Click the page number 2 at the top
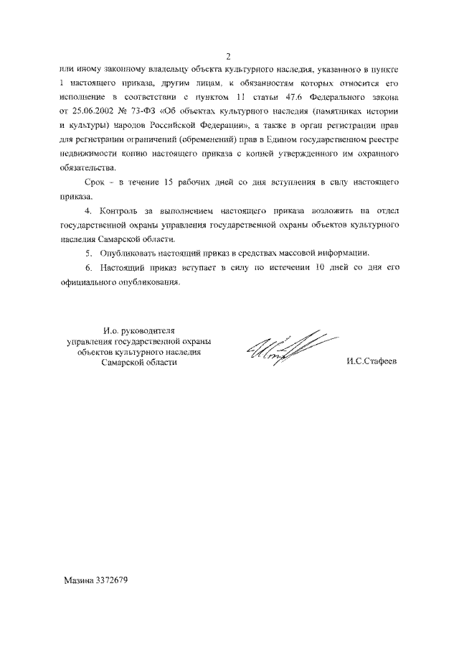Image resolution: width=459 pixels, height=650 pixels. click(228, 57)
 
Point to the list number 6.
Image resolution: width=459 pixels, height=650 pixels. click(87, 268)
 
